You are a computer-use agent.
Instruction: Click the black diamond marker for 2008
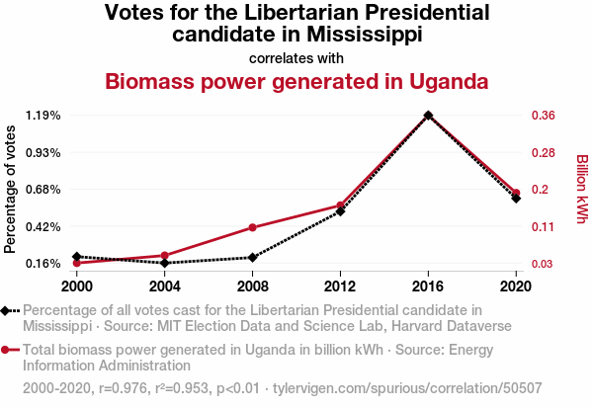(x=253, y=258)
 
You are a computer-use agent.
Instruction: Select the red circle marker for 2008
(x=253, y=227)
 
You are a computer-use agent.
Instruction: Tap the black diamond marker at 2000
(x=77, y=256)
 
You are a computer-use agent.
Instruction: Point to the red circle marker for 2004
(x=165, y=256)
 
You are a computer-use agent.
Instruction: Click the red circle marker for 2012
(x=340, y=205)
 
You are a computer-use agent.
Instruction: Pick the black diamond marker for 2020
(x=516, y=199)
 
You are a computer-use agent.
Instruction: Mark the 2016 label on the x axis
(x=428, y=286)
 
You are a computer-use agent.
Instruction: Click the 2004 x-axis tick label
(x=165, y=286)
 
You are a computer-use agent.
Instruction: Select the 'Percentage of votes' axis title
(x=11, y=189)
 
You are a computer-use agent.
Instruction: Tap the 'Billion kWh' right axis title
(x=582, y=189)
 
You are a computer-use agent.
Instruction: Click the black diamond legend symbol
(x=8, y=311)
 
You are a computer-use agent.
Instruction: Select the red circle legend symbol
(x=8, y=349)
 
